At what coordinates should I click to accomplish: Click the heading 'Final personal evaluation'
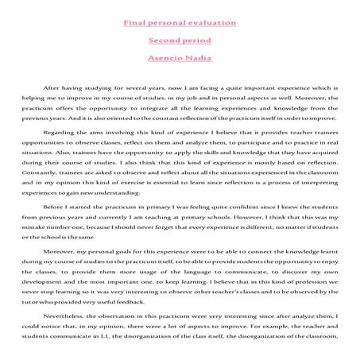(180, 23)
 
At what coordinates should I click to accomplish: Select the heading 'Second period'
(180, 40)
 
